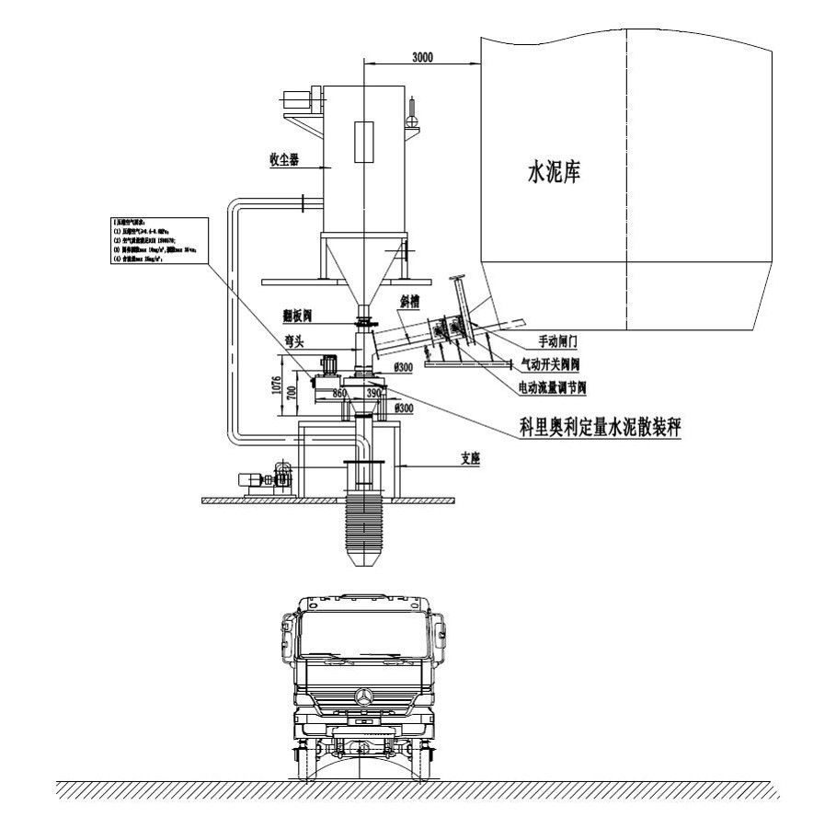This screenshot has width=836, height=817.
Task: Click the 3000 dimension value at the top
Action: [x=422, y=57]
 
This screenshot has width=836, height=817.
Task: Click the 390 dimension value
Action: [x=373, y=393]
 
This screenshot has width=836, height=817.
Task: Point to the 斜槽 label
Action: [x=410, y=301]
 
